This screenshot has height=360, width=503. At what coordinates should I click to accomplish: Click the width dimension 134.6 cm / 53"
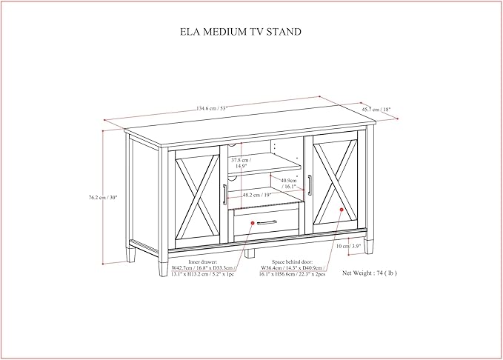(x=212, y=109)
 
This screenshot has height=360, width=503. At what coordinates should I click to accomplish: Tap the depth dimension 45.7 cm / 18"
(x=376, y=109)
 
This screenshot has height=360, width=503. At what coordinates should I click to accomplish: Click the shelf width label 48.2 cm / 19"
(x=258, y=196)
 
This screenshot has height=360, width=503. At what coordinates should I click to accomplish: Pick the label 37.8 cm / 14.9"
(x=241, y=163)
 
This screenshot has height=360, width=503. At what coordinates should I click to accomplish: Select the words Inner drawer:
(x=201, y=261)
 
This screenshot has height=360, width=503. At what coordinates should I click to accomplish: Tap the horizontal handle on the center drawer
(x=267, y=221)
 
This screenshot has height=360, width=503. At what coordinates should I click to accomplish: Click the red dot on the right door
(x=342, y=210)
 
